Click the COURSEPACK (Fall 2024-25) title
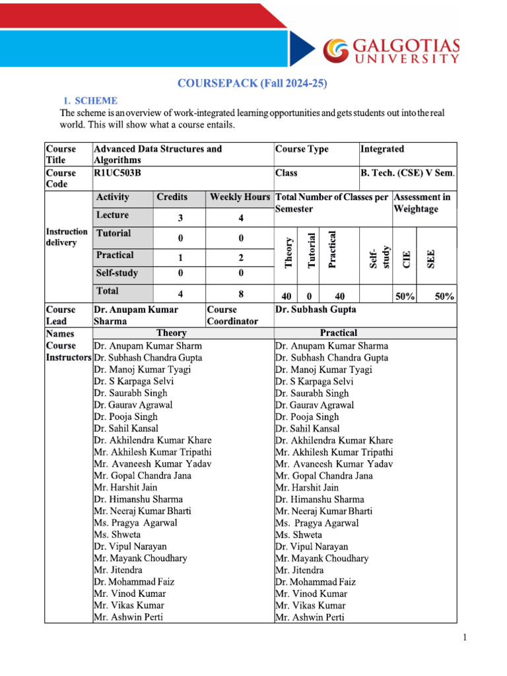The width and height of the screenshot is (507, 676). point(252,83)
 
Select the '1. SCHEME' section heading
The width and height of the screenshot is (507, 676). point(90,101)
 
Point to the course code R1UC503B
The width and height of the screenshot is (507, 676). point(118,173)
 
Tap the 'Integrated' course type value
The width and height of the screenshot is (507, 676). point(382,149)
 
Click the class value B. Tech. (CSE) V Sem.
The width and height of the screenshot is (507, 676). point(407,173)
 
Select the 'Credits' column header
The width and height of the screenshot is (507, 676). point(172,197)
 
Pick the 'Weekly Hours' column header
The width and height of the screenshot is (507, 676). point(240,197)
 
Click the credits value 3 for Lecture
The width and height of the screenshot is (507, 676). point(180,219)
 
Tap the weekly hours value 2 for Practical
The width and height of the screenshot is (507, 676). point(241,257)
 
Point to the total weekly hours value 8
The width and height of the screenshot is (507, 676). point(241,294)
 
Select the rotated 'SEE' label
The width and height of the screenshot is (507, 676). point(431,257)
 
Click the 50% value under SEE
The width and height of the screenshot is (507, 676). point(444,297)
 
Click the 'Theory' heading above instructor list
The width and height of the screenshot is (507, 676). point(172,333)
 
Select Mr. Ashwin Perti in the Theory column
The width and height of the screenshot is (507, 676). point(129,617)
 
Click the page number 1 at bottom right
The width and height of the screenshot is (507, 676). point(465,638)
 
